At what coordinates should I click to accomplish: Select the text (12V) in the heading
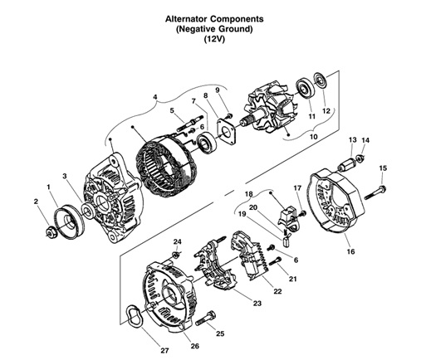[215, 38]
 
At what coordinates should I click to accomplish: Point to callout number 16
[350, 250]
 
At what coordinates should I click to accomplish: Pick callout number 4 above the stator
[154, 97]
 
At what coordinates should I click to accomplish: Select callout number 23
[257, 304]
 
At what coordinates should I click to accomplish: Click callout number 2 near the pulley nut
[36, 201]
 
